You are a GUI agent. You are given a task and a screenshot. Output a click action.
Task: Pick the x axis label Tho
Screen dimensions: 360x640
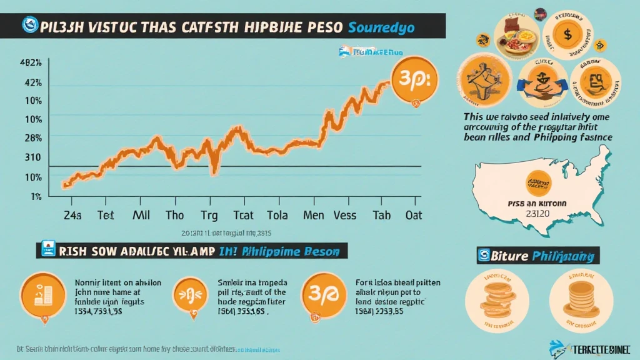pos(174,215)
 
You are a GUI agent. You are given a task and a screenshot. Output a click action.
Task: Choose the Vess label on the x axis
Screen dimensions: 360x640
pos(344,215)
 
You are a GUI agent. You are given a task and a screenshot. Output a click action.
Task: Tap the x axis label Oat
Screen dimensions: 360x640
pos(414,215)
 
